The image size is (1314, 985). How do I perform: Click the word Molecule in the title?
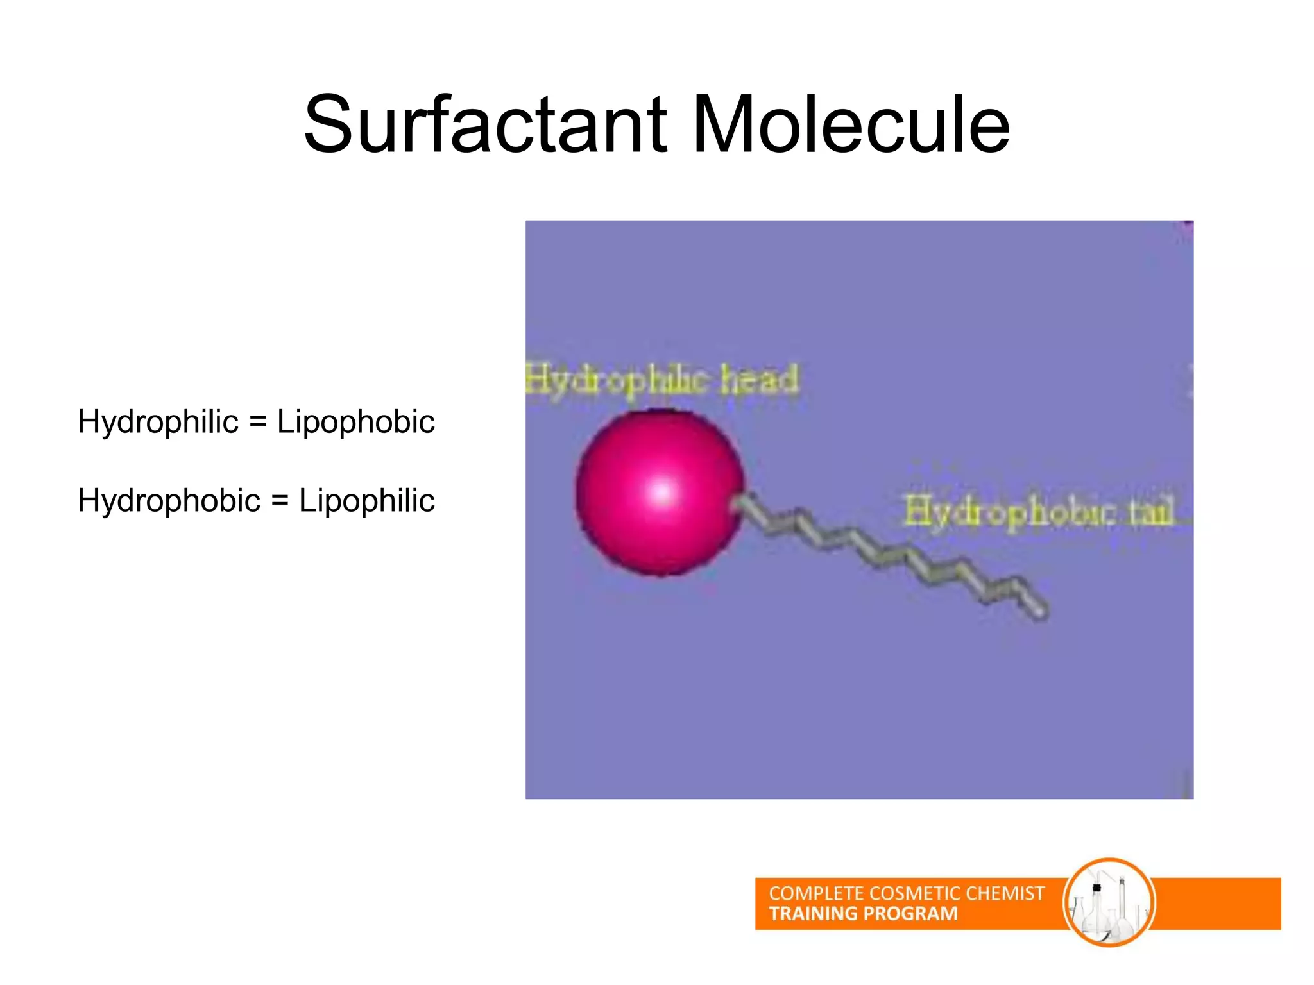[851, 125]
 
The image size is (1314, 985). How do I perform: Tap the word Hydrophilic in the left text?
[158, 422]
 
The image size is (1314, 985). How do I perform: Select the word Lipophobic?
[355, 422]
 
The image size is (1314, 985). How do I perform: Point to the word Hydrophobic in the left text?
[169, 500]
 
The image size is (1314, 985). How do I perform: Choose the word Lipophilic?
[366, 500]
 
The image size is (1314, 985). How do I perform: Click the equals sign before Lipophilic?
[280, 501]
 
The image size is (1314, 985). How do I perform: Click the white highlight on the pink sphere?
[661, 492]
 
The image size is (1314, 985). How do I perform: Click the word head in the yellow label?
[760, 380]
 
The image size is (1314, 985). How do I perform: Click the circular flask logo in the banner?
[1109, 902]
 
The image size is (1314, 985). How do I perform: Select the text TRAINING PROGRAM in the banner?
[863, 914]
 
